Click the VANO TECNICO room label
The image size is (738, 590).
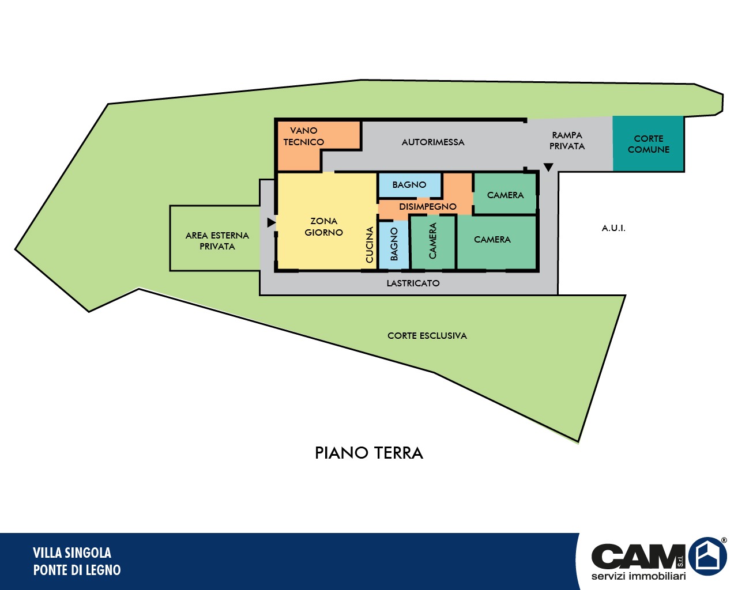[x=303, y=136]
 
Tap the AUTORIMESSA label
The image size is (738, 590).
[x=433, y=142]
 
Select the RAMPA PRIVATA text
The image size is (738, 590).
[x=567, y=141]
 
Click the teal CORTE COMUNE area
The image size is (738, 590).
[x=648, y=143]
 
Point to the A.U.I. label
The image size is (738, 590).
[x=613, y=228]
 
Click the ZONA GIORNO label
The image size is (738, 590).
[x=323, y=226]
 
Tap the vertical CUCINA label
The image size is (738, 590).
[x=370, y=244]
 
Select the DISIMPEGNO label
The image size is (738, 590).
[x=428, y=206]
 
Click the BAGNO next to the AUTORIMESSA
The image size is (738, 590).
[x=409, y=185]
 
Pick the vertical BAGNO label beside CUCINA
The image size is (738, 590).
[x=394, y=244]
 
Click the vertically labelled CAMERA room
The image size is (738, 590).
[x=433, y=242]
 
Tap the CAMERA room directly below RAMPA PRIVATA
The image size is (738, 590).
[x=505, y=194]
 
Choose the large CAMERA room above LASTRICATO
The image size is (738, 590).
[x=496, y=242]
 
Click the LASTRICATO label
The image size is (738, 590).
[x=413, y=283]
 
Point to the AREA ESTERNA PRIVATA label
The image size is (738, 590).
[x=217, y=241]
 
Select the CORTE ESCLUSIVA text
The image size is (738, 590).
[x=427, y=336]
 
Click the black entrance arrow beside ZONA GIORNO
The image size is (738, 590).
[x=271, y=222]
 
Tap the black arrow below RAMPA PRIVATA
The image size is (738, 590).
[x=548, y=167]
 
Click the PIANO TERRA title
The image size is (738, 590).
[x=368, y=453]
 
